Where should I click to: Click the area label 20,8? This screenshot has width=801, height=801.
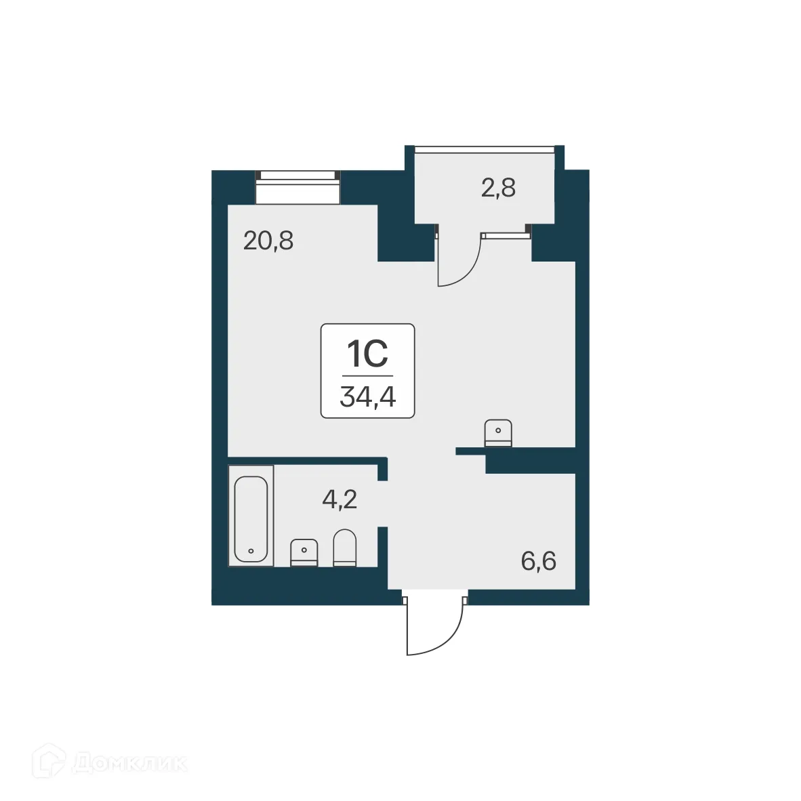(x=268, y=241)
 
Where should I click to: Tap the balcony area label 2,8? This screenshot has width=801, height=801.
(x=498, y=188)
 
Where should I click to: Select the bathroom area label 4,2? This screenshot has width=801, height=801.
(x=340, y=500)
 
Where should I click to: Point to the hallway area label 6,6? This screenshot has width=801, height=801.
(x=539, y=561)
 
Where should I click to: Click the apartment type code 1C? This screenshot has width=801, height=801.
(x=367, y=353)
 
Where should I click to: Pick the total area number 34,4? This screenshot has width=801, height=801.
(x=367, y=397)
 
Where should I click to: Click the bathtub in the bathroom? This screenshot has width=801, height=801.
(x=251, y=519)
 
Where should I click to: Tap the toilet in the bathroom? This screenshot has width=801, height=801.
(x=344, y=548)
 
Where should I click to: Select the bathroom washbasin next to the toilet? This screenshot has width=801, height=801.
(x=304, y=552)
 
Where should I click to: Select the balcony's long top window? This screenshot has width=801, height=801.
(x=485, y=148)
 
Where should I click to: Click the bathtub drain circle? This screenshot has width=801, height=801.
(x=251, y=551)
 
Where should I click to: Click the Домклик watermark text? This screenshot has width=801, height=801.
(x=129, y=763)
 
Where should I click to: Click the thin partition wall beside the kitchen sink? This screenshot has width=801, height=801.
(x=472, y=450)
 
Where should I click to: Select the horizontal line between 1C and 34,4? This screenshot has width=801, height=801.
(x=367, y=375)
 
